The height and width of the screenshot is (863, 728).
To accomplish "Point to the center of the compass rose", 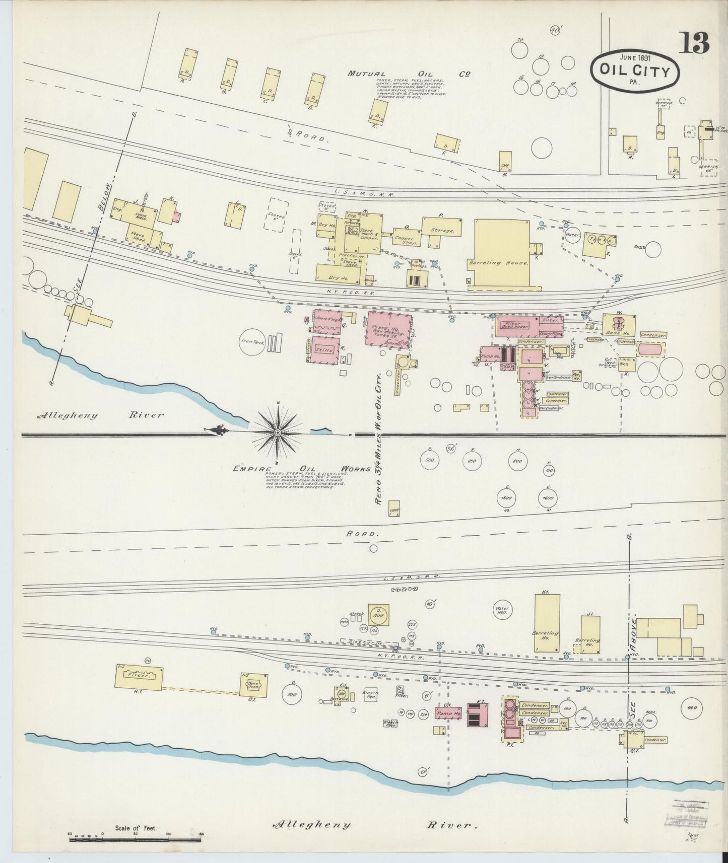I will (278, 433).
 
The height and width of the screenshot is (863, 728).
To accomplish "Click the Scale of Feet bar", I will (136, 834).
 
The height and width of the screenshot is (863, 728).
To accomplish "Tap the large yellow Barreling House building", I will (502, 254).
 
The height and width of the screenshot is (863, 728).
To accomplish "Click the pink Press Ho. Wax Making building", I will (388, 330).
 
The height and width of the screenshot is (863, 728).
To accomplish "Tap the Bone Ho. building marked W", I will (619, 325).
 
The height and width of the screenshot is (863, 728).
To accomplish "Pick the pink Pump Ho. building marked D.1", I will (448, 713).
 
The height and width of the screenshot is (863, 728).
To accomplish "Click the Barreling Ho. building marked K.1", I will (547, 623).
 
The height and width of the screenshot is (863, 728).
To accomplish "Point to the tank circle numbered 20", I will (519, 49).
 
